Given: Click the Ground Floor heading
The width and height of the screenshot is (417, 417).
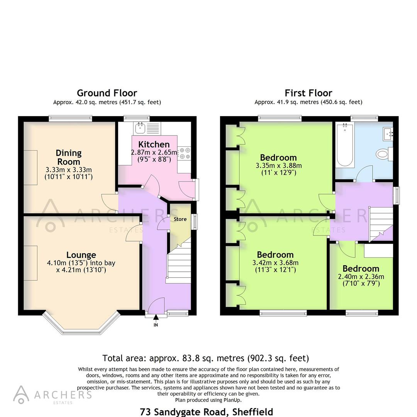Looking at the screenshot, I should point(107,93).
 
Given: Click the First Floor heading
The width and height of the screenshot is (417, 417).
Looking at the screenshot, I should point(308,93).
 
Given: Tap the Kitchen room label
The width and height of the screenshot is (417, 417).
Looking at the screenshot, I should point(154,144).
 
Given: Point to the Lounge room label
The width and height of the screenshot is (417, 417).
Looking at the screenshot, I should point(81,255).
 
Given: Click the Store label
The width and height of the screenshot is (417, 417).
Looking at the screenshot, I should point(180,219).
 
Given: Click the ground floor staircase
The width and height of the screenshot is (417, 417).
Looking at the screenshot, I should point(178,263).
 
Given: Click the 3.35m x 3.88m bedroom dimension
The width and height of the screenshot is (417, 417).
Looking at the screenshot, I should point(278,169).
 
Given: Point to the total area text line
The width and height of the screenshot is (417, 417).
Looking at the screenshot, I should point(205,358).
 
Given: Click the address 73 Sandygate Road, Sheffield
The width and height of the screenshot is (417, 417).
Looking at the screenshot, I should point(206,412).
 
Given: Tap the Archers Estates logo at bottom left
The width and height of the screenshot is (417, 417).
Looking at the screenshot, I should point(53,395).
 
